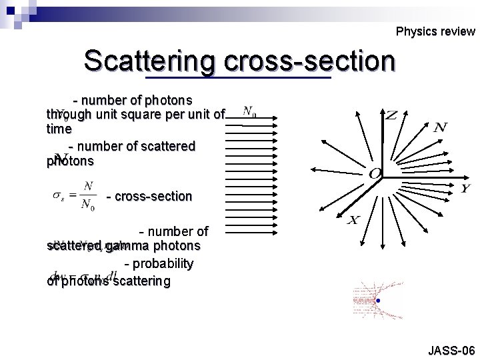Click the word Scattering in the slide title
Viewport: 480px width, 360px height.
click(151, 61)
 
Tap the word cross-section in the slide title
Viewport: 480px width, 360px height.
click(310, 61)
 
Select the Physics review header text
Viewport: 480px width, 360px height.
click(435, 31)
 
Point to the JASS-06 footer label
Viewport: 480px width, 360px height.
click(451, 350)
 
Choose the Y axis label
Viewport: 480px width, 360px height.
click(466, 189)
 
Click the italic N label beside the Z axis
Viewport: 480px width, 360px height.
click(440, 127)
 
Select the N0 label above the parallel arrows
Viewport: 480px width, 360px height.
click(251, 111)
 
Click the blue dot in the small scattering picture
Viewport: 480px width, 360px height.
click(379, 301)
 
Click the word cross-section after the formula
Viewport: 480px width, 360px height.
click(149, 197)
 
